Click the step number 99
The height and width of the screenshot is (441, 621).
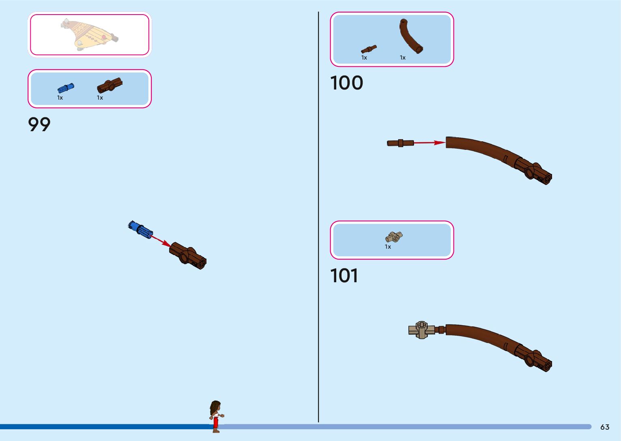pos(39,124)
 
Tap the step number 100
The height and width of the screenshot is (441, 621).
pos(346,83)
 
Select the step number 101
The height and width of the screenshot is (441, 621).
pos(344,276)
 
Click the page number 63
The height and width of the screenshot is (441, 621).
pos(605,427)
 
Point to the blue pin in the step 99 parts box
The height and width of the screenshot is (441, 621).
pos(66,88)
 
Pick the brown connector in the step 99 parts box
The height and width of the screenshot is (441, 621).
pos(110,85)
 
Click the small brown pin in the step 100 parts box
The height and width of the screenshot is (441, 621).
pos(369,49)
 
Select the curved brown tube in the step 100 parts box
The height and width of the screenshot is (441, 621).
pos(410,36)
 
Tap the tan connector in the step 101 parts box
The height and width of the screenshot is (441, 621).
pos(393,237)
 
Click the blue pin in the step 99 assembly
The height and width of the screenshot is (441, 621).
pos(140,229)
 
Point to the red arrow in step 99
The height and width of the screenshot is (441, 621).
pos(161,241)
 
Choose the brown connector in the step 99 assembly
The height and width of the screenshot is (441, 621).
pos(188,256)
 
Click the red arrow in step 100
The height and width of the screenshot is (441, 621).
pos(429,143)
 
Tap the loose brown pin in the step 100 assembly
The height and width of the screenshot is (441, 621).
pos(400,143)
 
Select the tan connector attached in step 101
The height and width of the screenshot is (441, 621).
pos(421,330)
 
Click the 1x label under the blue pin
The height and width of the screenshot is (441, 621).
pos(60,98)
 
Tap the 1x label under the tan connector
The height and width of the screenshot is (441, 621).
pos(388,247)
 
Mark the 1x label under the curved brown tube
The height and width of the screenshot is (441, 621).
pos(402,58)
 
